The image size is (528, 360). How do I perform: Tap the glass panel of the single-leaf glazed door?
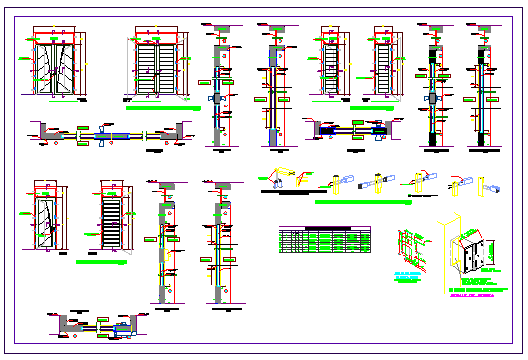click(46, 219)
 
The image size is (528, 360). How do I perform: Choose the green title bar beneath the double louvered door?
click(161, 109)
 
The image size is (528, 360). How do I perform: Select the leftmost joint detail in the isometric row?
click(279, 179)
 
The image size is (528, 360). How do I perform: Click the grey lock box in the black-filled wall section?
click(432, 97)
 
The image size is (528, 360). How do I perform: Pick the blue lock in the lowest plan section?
click(124, 329)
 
